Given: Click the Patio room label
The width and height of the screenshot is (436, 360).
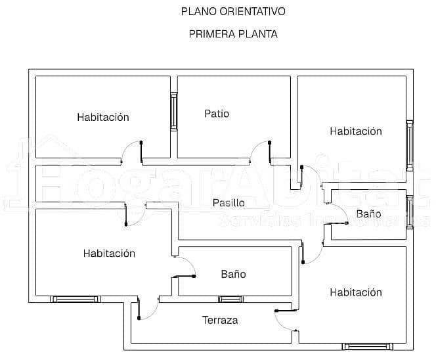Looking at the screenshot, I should coord(217,114).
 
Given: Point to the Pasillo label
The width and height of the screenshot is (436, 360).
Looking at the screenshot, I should coord(229,203).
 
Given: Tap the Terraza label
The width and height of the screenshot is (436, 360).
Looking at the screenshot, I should coord(219,321).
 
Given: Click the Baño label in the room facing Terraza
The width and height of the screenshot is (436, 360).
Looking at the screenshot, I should coord(233,274).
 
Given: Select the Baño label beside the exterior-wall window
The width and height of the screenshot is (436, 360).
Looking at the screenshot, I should coord(368,214).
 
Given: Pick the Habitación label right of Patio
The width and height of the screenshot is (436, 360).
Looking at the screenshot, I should coord(355,131).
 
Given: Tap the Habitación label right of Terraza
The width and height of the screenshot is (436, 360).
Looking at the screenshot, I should coord(355,292).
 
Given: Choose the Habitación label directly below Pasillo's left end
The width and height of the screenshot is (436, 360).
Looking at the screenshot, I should coord(109,253).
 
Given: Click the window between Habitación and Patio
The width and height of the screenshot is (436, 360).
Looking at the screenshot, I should coord(174,112).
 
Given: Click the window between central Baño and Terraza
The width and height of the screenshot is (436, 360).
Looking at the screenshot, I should coord(230,300).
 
